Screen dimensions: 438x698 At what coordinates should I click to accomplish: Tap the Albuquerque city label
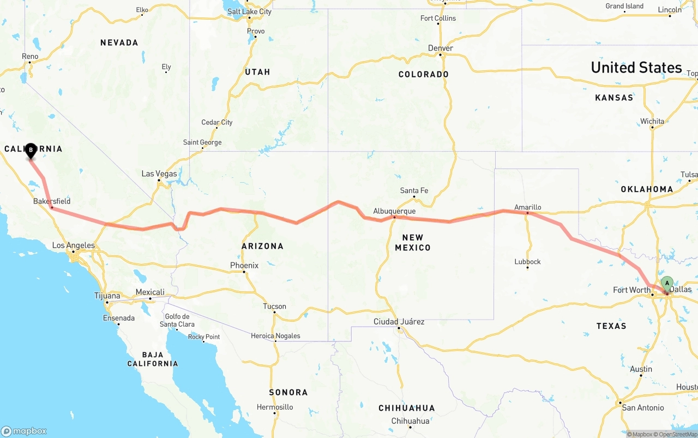pyautogui.click(x=394, y=211)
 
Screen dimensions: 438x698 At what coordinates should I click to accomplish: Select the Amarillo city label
pyautogui.click(x=527, y=207)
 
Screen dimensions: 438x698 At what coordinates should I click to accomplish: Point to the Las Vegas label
pyautogui.click(x=159, y=174)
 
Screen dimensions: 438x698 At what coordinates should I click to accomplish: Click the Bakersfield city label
pyautogui.click(x=52, y=201)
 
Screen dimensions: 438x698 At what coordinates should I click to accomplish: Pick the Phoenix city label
pyautogui.click(x=244, y=265)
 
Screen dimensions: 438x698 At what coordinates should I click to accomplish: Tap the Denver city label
pyautogui.click(x=440, y=48)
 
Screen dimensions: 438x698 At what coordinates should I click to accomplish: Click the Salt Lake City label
pyautogui.click(x=249, y=11)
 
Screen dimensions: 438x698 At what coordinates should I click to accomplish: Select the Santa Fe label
pyautogui.click(x=414, y=190)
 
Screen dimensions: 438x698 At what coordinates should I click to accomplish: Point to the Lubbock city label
pyautogui.click(x=527, y=262)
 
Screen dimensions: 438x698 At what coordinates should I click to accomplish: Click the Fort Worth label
pyautogui.click(x=631, y=290)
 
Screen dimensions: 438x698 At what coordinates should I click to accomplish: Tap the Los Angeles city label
pyautogui.click(x=73, y=245)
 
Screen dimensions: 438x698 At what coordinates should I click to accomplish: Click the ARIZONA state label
pyautogui.click(x=262, y=246)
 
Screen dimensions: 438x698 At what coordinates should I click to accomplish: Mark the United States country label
pyautogui.click(x=636, y=68)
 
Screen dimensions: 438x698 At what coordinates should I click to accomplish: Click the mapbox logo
pyautogui.click(x=24, y=431)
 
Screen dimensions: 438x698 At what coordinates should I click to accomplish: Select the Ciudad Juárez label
pyautogui.click(x=399, y=322)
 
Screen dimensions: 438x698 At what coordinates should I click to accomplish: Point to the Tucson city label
pyautogui.click(x=274, y=306)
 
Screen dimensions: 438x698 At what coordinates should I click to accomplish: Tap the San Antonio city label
pyautogui.click(x=643, y=407)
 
